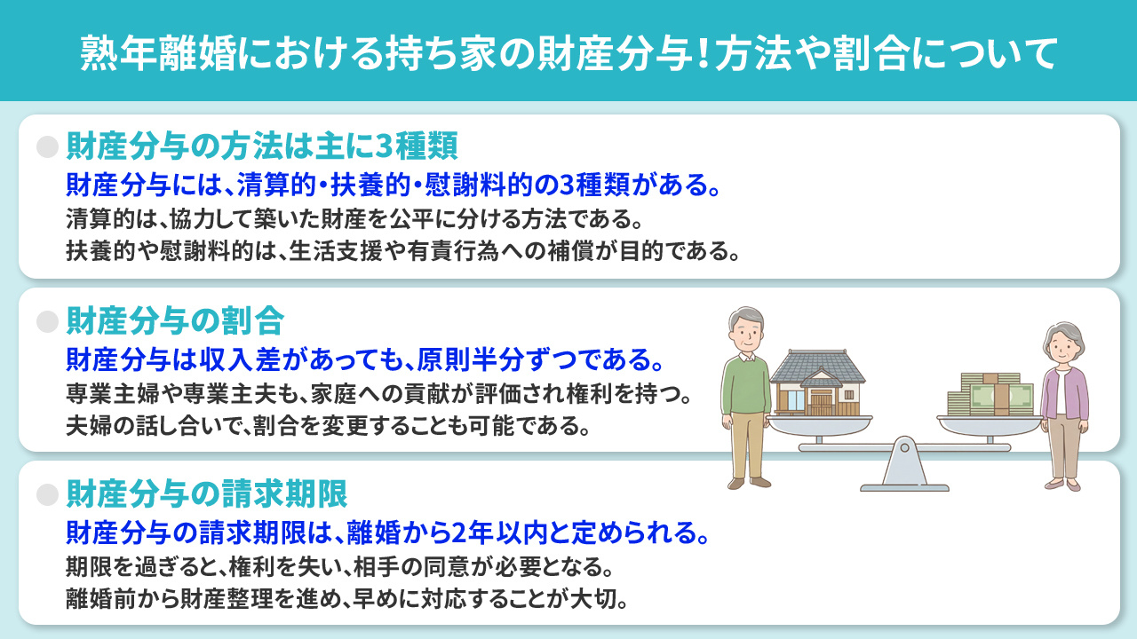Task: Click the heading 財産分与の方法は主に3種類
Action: pos(262,147)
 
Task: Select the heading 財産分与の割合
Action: pos(175,320)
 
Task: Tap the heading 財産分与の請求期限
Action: pos(206,493)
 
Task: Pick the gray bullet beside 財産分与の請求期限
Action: pos(47,494)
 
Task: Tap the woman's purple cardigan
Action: pos(1064,395)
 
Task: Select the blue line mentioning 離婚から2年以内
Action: pos(387,534)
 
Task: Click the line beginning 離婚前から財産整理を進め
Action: pos(347,596)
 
